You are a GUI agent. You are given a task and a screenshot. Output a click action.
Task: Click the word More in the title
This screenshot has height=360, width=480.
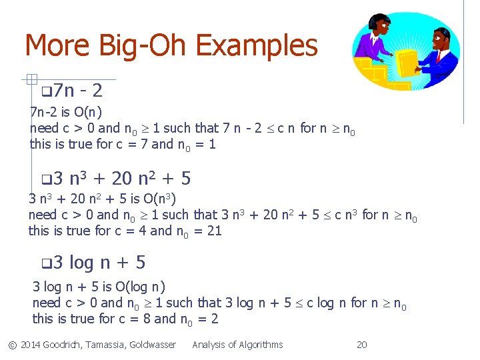point(57,46)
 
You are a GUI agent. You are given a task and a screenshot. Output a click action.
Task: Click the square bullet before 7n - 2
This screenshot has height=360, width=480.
point(45,91)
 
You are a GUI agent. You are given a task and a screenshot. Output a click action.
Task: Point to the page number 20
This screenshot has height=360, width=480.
point(362,345)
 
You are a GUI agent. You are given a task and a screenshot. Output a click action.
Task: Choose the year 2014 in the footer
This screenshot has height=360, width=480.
point(31,345)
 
